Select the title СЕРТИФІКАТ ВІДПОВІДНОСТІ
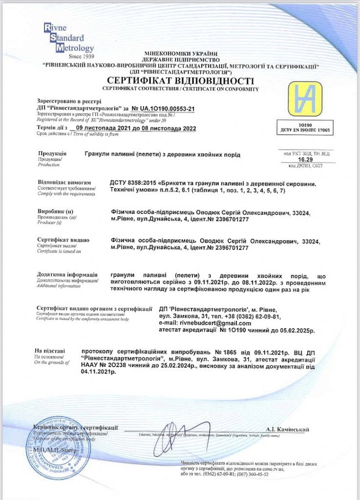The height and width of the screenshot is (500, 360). point(181,81)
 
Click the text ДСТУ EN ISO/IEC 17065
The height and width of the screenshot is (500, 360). point(305,131)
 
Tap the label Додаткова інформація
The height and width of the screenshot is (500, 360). point(67,275)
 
